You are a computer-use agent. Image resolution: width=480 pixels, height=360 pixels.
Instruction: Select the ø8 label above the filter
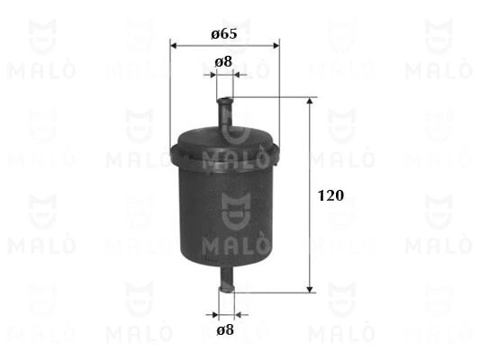[x=224, y=62]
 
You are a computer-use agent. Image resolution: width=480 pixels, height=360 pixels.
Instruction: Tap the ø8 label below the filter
[x=224, y=329]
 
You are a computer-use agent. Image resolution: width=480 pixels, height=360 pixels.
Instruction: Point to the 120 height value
[x=331, y=194]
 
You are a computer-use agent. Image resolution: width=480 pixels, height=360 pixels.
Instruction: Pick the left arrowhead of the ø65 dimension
[x=174, y=44]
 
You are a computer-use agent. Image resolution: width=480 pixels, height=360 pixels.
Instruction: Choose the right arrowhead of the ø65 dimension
[x=275, y=44]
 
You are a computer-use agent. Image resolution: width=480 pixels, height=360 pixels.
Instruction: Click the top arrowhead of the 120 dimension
[x=311, y=103]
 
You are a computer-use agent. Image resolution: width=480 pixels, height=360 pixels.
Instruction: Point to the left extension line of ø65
[x=169, y=90]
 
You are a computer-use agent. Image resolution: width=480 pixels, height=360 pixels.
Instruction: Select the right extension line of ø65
[x=279, y=90]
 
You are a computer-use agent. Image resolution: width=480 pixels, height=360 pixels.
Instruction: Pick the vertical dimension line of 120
[x=311, y=234]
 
